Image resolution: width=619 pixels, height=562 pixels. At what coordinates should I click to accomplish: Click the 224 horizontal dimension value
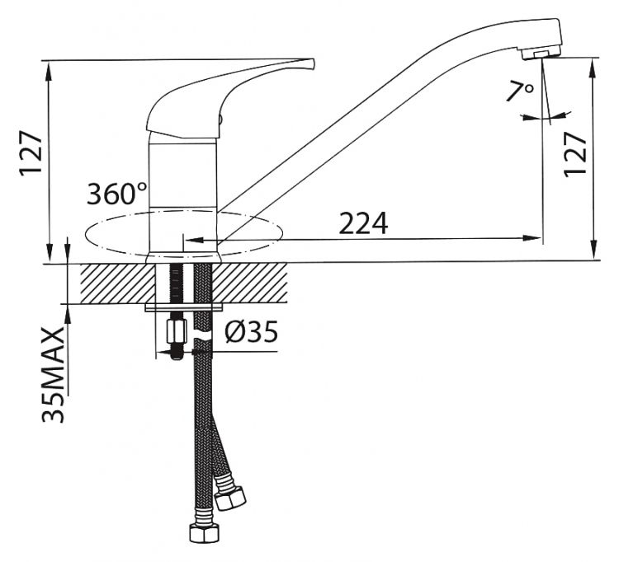(363, 223)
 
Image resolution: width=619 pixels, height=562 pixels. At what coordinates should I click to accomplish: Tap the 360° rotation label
(117, 194)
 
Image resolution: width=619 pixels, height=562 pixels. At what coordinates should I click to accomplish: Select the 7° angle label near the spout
(520, 92)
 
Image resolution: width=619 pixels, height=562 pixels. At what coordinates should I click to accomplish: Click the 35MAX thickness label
(53, 375)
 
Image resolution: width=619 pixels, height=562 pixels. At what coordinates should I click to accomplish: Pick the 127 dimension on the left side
(31, 152)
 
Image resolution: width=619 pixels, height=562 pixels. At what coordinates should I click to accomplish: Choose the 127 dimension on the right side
(575, 154)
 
